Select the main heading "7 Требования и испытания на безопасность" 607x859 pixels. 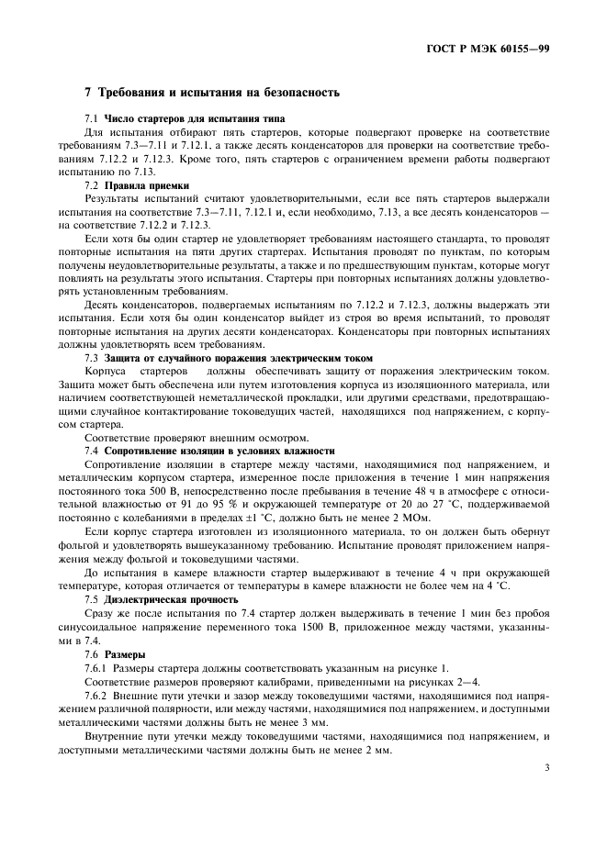(212, 93)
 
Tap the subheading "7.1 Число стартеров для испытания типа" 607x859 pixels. (185, 118)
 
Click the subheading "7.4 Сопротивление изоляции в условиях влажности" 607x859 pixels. (209, 451)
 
